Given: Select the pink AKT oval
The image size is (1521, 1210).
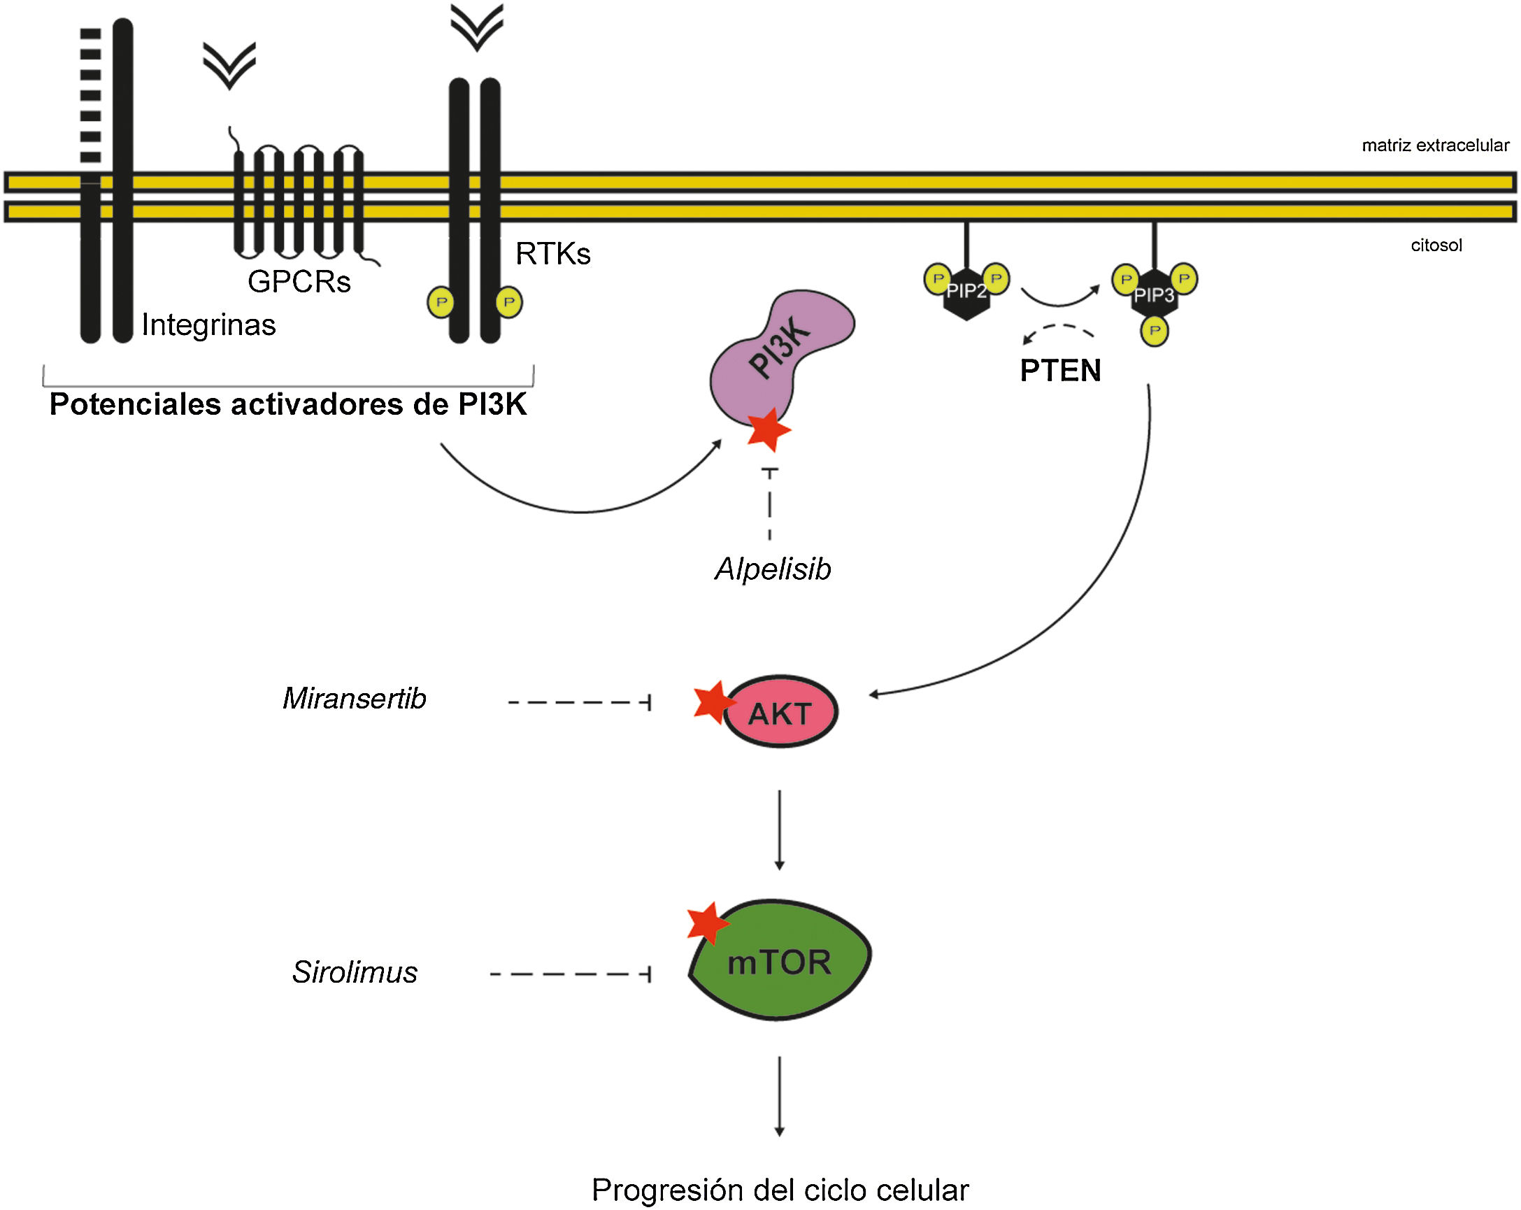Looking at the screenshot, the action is click(781, 712).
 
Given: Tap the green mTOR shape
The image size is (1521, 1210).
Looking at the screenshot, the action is click(780, 960).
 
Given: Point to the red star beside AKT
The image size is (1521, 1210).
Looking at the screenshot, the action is click(715, 703).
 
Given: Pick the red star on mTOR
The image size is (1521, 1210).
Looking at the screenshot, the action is click(708, 923).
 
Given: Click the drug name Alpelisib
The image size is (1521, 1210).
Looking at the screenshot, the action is click(773, 569).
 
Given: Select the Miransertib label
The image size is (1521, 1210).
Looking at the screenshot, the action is click(354, 699).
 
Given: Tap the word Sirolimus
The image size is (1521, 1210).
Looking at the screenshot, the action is click(355, 972).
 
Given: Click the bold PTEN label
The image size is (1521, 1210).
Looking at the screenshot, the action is click(1060, 371).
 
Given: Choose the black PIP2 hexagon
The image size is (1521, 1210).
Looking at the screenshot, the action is click(966, 293).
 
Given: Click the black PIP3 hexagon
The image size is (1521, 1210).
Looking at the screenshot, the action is click(1154, 295).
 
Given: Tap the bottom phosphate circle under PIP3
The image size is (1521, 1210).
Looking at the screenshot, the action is click(1154, 331).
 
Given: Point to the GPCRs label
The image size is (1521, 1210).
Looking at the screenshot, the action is click(299, 281).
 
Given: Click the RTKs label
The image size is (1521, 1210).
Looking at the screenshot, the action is click(553, 254).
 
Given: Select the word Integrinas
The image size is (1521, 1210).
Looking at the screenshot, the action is click(209, 325).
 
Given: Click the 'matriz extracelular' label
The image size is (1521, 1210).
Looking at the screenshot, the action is click(1435, 145).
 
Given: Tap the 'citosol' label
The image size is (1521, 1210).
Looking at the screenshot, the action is click(1436, 245).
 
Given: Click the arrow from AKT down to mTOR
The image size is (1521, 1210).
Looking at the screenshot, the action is click(780, 830).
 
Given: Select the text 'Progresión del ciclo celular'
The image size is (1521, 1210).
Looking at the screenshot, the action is click(780, 1190).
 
